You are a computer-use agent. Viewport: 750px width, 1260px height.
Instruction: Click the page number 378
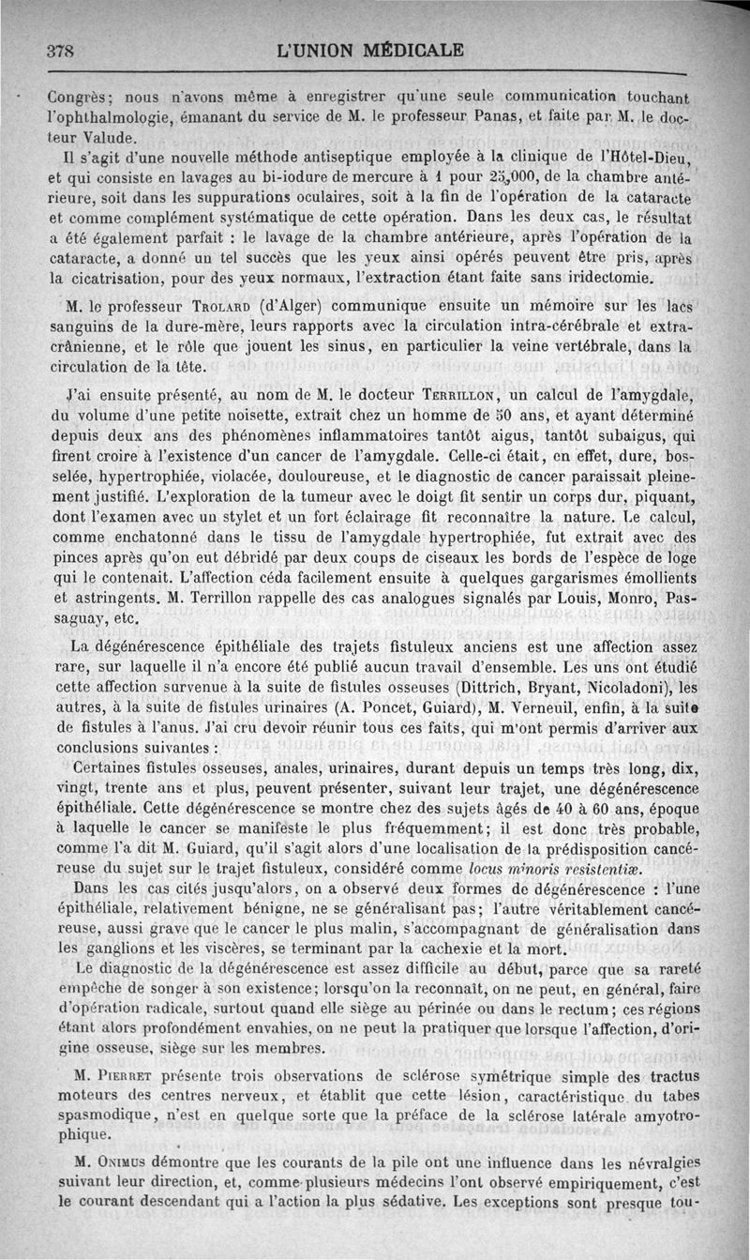(60, 52)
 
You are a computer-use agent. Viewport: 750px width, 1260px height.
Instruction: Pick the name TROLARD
(197, 306)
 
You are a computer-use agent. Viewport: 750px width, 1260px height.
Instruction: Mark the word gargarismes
(532, 586)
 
